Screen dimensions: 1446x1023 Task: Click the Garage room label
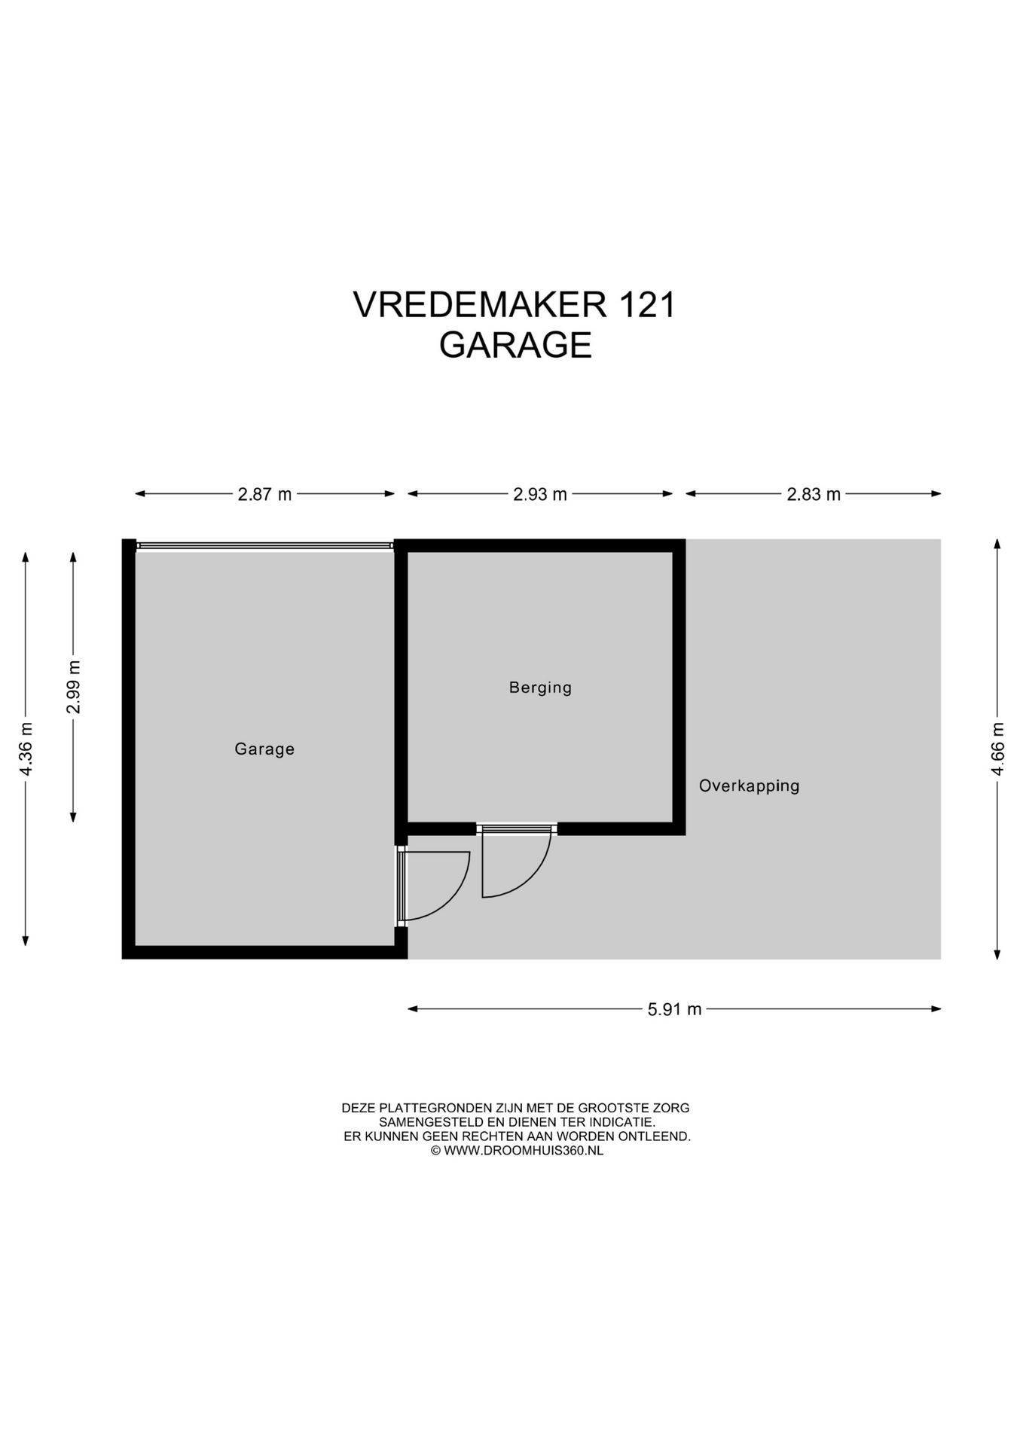point(264,749)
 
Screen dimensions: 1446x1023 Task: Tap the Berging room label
point(540,687)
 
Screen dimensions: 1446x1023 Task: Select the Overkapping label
point(749,786)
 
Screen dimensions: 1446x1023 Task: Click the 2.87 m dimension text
point(264,494)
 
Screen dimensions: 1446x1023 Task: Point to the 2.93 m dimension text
point(540,494)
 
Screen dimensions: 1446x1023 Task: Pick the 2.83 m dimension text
point(814,494)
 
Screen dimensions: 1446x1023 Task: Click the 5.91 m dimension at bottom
point(674,1009)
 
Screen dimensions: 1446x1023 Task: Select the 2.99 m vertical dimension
point(73,686)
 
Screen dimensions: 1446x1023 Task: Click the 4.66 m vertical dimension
point(997,749)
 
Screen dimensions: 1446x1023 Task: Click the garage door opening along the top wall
point(264,546)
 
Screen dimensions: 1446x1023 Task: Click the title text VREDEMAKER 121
point(515,305)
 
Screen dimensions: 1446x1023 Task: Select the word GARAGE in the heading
point(515,345)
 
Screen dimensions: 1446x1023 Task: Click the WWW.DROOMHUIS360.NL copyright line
point(517,1150)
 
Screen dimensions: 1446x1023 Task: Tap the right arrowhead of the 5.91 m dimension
point(937,1009)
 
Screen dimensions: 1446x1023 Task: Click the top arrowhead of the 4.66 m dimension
point(997,544)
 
